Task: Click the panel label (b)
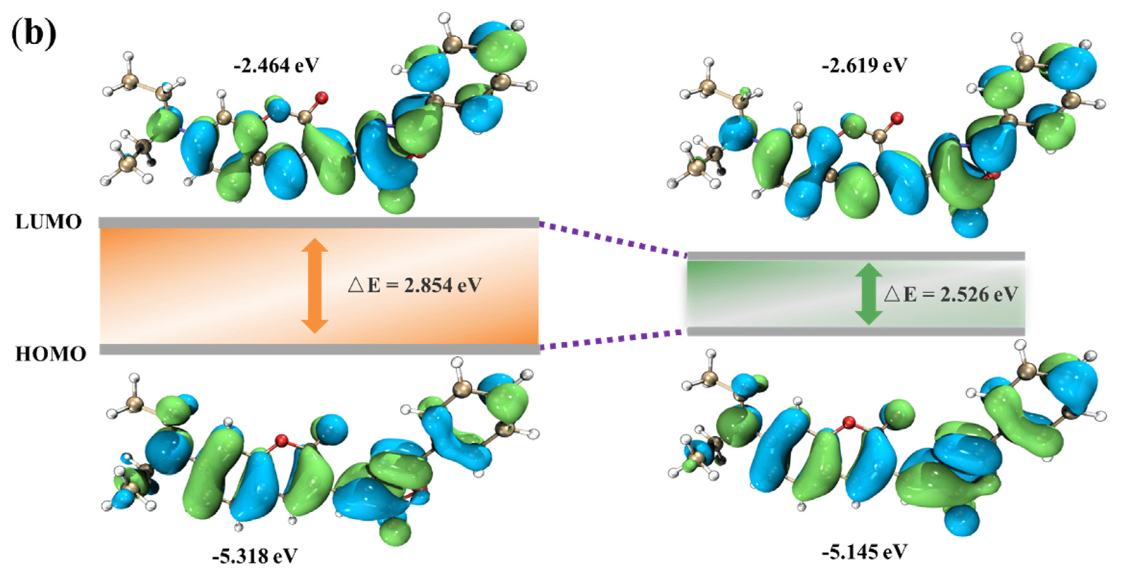34,34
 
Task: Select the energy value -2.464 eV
276,66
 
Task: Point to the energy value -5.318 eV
255,556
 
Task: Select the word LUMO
48,222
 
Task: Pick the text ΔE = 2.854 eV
415,285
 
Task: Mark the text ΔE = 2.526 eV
951,295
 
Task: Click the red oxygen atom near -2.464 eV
322,97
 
